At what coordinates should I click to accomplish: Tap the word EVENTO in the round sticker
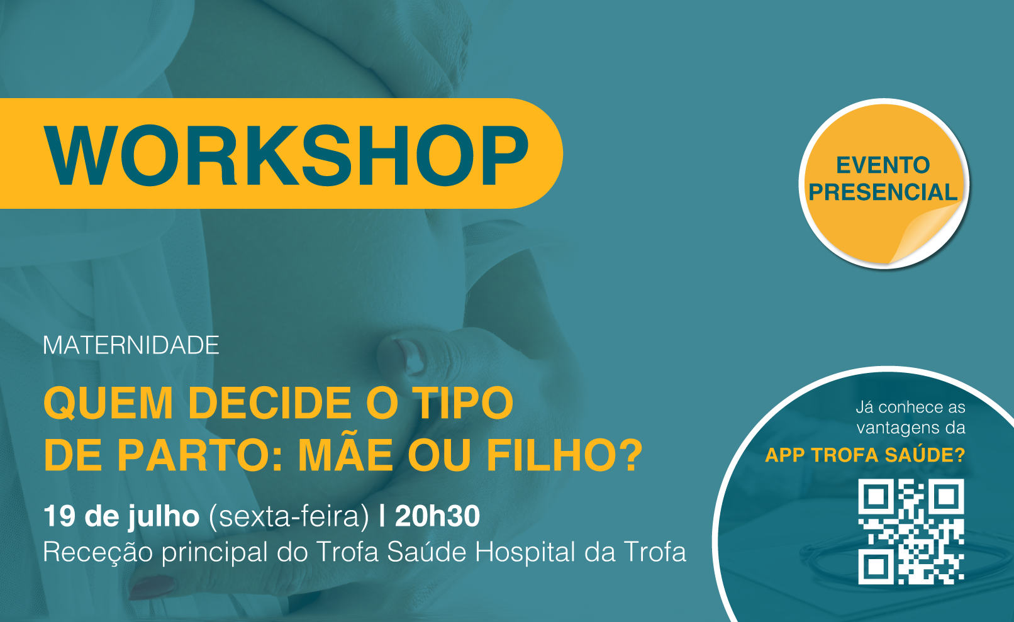click(883, 165)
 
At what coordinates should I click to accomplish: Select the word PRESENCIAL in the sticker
click(883, 192)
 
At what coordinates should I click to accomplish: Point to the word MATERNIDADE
click(131, 345)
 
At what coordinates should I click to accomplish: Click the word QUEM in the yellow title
click(108, 403)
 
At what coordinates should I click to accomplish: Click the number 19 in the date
click(59, 516)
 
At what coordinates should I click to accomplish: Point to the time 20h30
click(437, 516)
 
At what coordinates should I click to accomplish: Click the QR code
click(911, 531)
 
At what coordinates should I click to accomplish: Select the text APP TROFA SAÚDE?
click(865, 455)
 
